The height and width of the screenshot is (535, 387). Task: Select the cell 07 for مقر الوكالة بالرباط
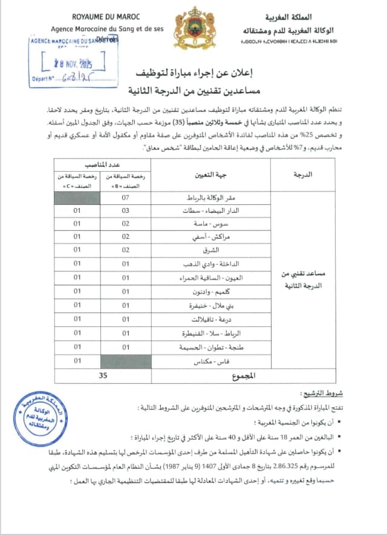(x=126, y=198)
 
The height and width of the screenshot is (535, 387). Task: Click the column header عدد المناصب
(x=102, y=164)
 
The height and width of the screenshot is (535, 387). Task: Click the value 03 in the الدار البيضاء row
(x=126, y=211)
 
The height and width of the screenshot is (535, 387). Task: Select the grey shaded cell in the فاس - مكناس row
(x=126, y=361)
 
